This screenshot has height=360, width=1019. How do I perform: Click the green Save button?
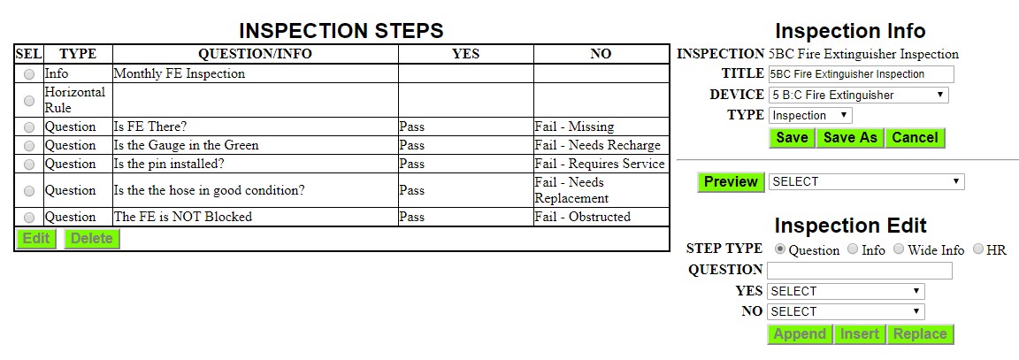point(792,138)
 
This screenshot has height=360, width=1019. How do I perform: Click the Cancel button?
point(915,138)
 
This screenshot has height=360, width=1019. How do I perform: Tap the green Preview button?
point(731,182)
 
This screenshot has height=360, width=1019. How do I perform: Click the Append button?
point(800,334)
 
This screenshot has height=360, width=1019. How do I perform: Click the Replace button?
point(920,334)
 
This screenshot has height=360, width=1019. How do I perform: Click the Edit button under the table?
point(35,239)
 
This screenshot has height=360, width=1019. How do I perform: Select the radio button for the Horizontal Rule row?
point(29,101)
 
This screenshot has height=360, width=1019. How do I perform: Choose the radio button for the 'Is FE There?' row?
point(29,127)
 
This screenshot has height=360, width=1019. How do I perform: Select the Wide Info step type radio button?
point(899,249)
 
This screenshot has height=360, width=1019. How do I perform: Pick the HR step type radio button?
point(978,249)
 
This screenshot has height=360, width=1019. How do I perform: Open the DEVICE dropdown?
point(859,95)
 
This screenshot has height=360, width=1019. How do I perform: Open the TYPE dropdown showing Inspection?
point(810,116)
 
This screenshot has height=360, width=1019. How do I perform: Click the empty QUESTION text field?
point(860,271)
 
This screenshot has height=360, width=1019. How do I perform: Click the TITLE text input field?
point(861,74)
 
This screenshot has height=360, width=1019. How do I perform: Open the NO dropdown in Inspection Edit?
point(847,311)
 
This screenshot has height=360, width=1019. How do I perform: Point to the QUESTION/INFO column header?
point(255,54)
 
